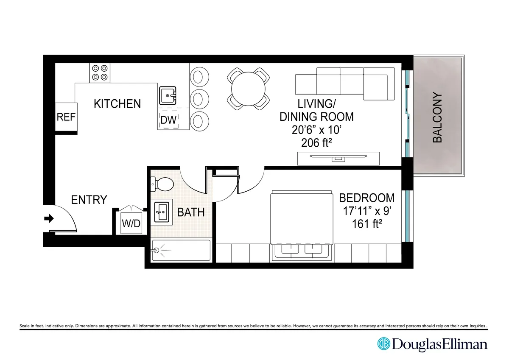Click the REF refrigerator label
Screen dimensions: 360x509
66,117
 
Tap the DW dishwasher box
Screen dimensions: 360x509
168,120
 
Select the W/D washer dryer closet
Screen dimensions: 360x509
131,223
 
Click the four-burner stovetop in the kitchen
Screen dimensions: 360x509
100,73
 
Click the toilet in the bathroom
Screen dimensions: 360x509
162,184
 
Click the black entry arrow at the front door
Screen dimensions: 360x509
49,219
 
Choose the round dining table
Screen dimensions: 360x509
249,89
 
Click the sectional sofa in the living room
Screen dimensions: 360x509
341,84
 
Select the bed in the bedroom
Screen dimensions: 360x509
301,225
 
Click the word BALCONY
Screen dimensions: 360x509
437,117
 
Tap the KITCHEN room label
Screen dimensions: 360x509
117,104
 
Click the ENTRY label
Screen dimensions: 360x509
89,200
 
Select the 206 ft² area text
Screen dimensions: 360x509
316,143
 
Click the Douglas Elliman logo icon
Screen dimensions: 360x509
383,344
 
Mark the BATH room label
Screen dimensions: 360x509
191,212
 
